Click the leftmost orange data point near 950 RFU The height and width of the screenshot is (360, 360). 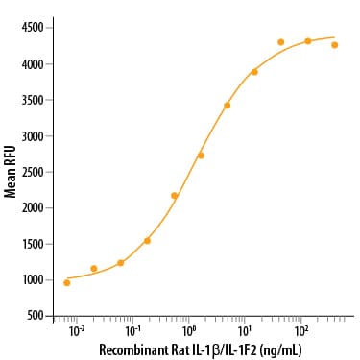[x=67, y=282]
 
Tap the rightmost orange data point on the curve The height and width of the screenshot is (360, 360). [x=334, y=44]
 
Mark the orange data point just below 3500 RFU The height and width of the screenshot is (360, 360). [x=227, y=105]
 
